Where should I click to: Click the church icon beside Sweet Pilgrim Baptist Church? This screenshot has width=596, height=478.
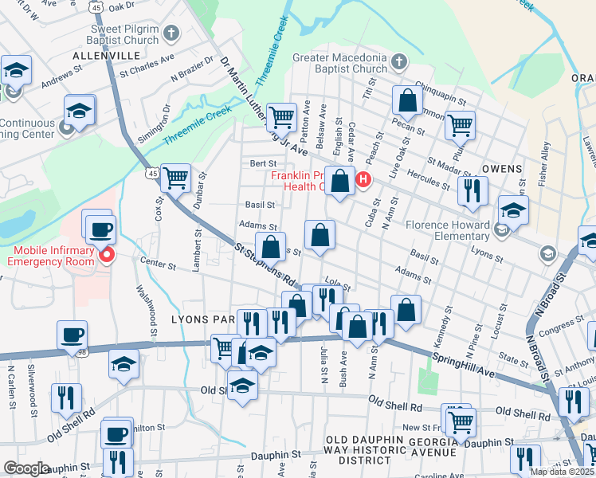point(171,33)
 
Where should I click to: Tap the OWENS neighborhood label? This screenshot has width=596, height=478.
point(502,169)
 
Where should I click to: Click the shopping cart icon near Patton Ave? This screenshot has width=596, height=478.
point(280,117)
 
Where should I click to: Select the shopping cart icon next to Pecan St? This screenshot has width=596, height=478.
point(461,124)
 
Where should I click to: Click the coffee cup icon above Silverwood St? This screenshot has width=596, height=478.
point(72,334)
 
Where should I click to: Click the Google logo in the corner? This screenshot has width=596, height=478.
point(26,468)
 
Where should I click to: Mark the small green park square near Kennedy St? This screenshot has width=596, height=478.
point(428,381)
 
